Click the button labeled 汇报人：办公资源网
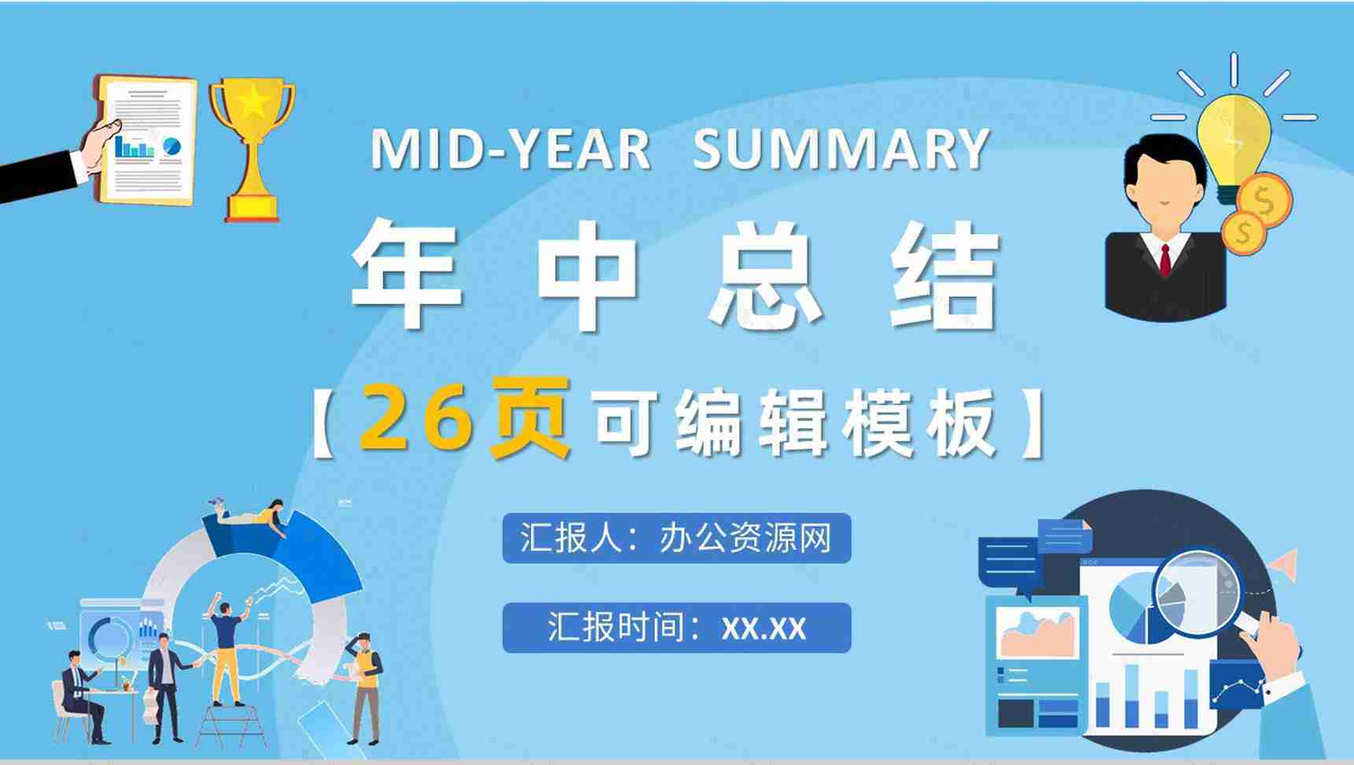coord(676,538)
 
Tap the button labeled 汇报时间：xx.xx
coord(676,628)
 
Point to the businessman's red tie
coord(1165,259)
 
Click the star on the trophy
coord(252,101)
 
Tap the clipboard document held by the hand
coord(149,140)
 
